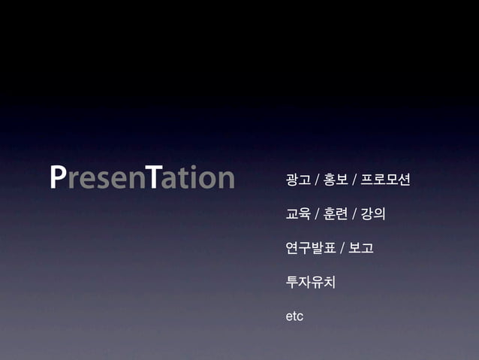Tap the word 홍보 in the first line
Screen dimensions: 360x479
[x=335, y=180]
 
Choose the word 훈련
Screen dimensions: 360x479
[x=335, y=214]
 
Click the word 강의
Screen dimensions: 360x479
[x=372, y=214]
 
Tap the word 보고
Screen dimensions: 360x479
[x=361, y=249]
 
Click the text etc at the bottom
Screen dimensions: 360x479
[x=294, y=318]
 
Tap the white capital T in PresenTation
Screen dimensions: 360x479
[x=153, y=178]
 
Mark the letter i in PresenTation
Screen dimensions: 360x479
[x=194, y=178]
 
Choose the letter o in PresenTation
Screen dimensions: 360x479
[x=207, y=180]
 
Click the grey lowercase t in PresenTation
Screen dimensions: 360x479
[x=184, y=180]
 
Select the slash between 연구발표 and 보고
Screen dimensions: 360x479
[x=342, y=249]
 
